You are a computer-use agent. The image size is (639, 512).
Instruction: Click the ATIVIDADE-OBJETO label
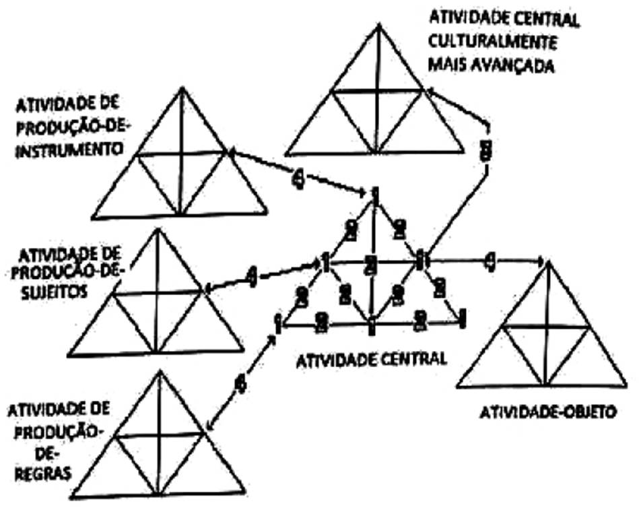[547, 412]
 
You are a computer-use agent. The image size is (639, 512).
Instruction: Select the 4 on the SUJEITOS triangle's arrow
[252, 276]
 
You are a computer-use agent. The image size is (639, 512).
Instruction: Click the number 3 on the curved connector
[485, 150]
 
